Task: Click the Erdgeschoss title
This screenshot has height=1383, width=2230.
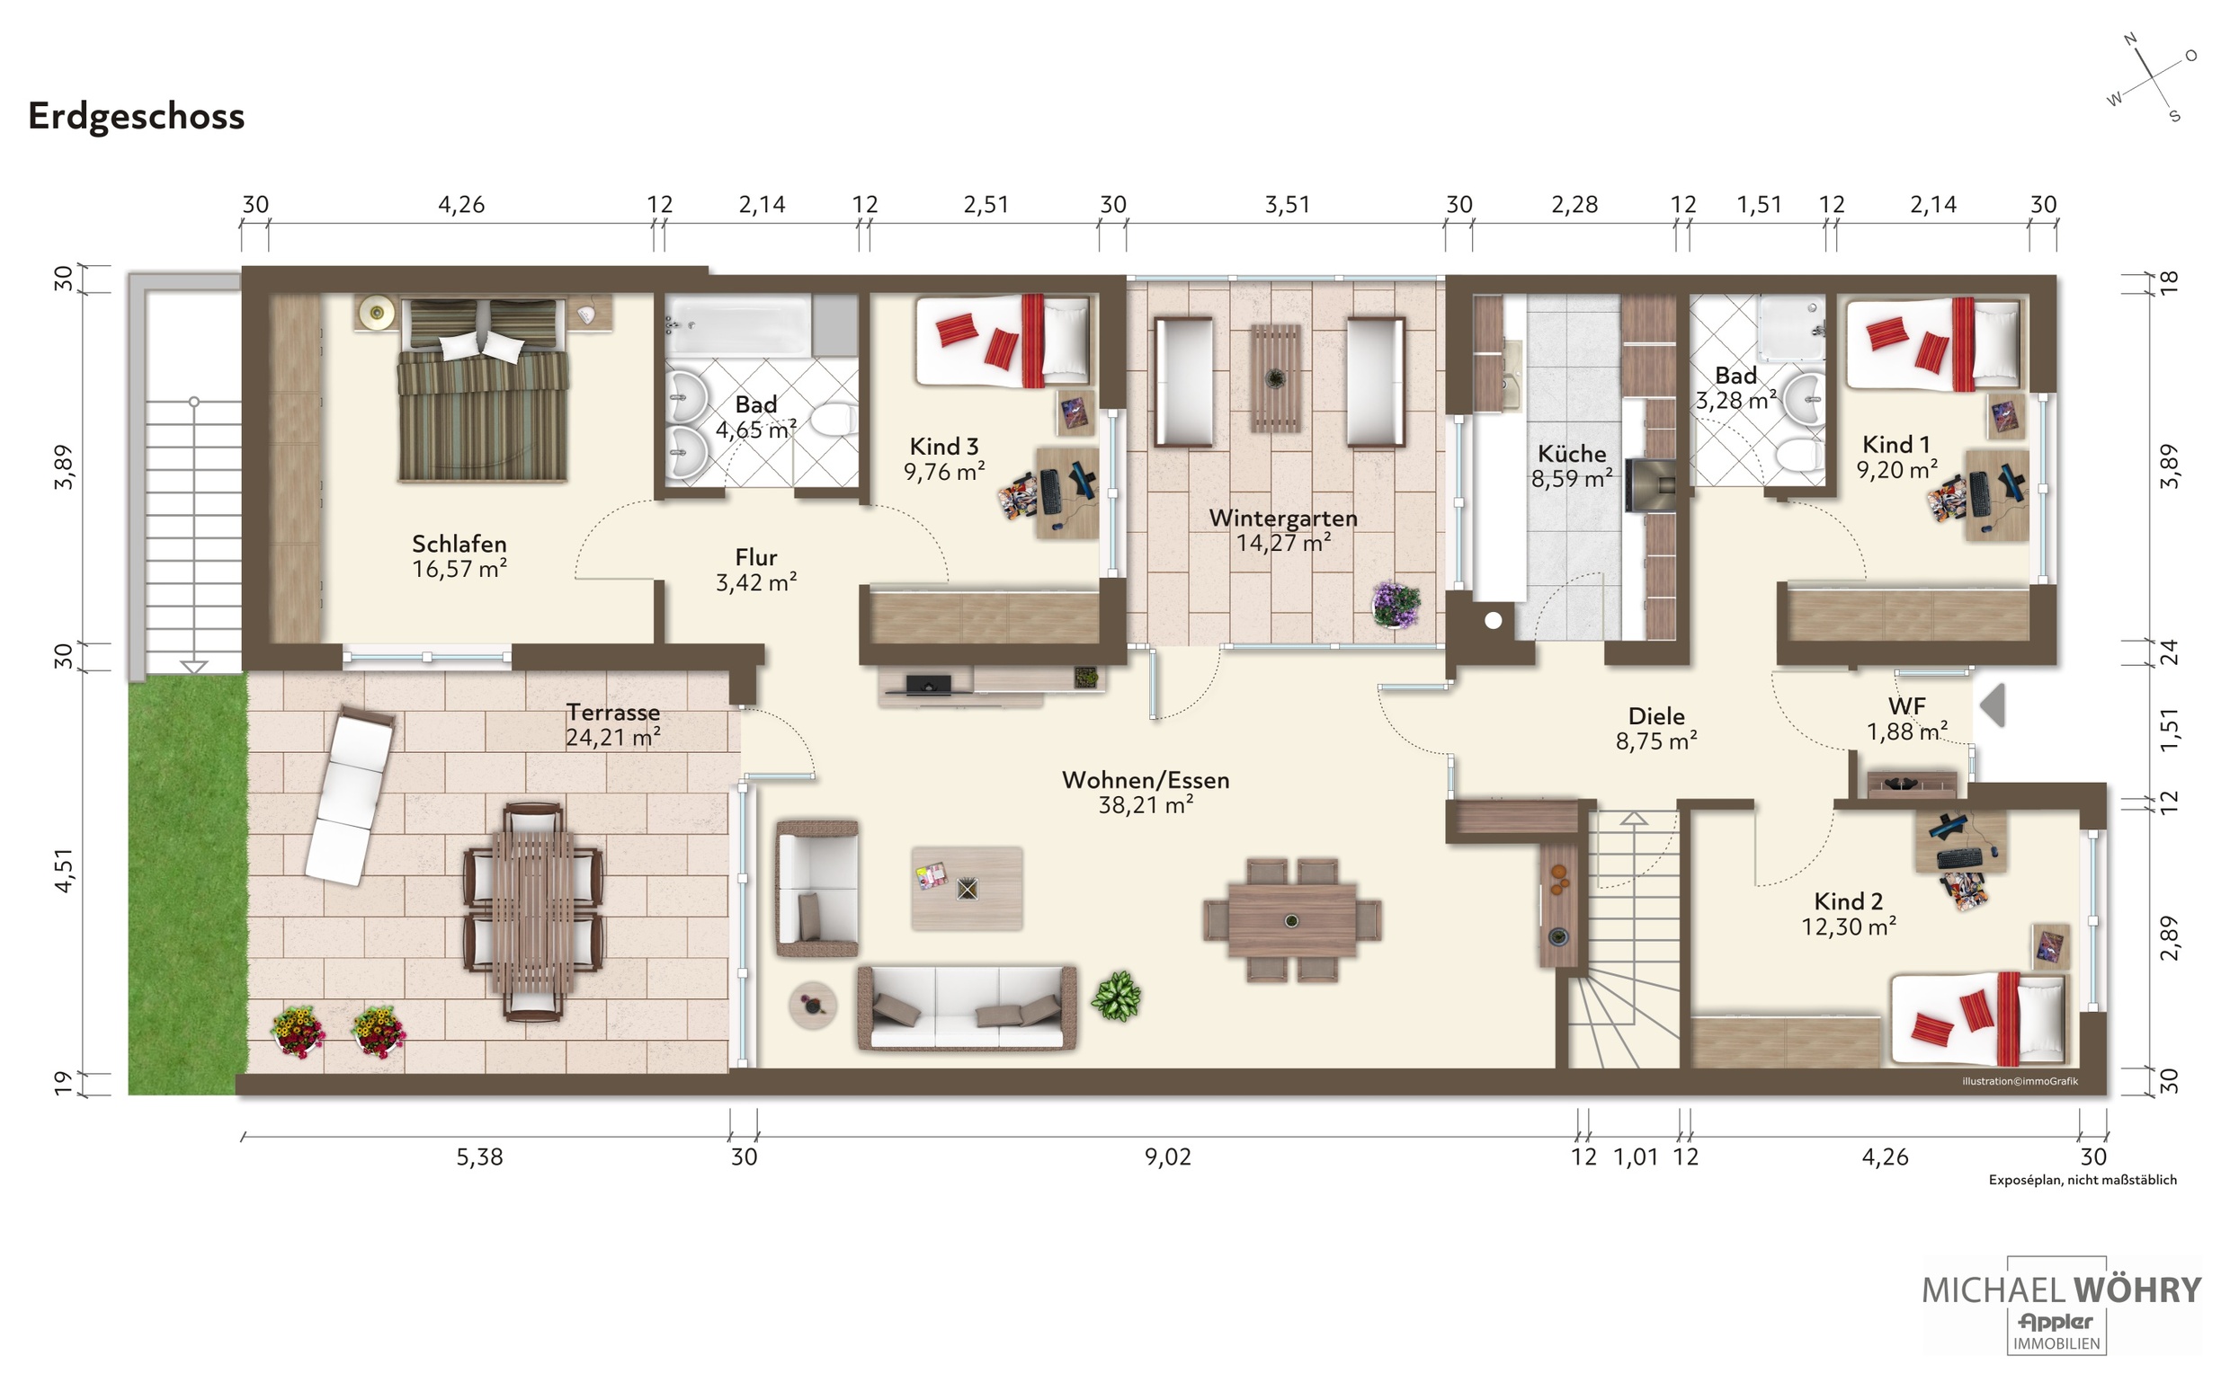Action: (137, 116)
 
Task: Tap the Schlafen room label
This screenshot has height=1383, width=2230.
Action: (459, 545)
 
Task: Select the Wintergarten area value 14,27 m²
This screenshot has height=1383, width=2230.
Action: (1283, 543)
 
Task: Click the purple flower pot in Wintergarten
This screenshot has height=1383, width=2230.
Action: (1396, 605)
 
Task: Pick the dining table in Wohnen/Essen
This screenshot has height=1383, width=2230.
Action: (1291, 919)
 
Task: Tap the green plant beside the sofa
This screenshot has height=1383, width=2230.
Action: (1116, 995)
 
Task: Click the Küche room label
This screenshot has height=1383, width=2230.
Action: (1571, 454)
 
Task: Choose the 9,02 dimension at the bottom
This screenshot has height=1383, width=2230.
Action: (1168, 1157)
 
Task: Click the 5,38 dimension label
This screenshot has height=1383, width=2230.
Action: (479, 1157)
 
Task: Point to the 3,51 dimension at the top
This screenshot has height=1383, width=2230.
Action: (1287, 204)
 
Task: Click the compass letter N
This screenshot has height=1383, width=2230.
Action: (2130, 40)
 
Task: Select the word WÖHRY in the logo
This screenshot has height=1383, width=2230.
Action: (2136, 1290)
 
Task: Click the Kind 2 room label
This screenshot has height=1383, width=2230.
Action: (1849, 901)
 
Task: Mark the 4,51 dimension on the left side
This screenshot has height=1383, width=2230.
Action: (63, 870)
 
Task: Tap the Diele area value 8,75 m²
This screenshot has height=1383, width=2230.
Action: (1656, 740)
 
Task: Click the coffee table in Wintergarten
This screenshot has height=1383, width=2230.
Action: (1276, 377)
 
